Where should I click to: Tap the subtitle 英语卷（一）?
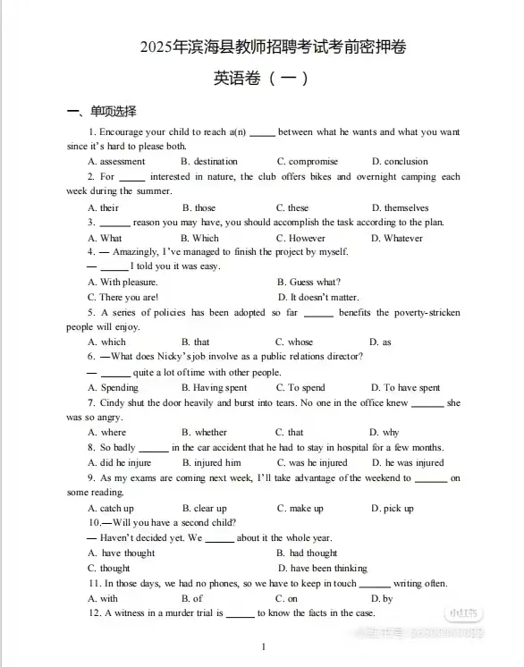point(261,79)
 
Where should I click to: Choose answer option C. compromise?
point(307,162)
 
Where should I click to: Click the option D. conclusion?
point(400,162)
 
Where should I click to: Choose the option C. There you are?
point(123,298)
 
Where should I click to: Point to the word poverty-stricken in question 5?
point(428,313)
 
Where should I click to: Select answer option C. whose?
point(294,342)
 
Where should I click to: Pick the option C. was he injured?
point(311,463)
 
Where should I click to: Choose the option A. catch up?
point(111,509)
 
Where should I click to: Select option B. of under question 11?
point(191,598)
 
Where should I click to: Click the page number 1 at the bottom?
point(263,646)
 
